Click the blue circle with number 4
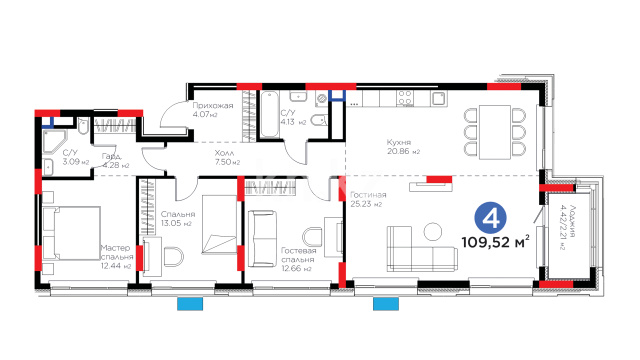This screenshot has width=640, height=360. pos(490,218)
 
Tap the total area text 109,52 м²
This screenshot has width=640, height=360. pos(496,242)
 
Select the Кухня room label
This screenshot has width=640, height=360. pos(399,142)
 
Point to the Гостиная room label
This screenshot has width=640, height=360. pos(368,195)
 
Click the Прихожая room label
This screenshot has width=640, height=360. pos(213,106)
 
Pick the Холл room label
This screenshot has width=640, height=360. pos(224,153)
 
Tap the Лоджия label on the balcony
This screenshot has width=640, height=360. pos(573,220)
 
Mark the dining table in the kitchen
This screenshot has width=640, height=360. pos(495,132)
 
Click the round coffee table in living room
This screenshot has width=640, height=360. pos(433,231)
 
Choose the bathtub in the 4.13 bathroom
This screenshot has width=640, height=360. pos(270,114)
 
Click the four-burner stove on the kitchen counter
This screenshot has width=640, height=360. pos(404,98)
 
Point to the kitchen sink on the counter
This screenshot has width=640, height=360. pos(439,98)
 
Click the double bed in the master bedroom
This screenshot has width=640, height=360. pos(71,233)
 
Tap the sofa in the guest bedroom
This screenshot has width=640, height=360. pos(262,238)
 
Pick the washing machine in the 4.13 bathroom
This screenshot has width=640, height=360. pos(322,98)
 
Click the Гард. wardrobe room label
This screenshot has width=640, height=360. pos(112,156)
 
